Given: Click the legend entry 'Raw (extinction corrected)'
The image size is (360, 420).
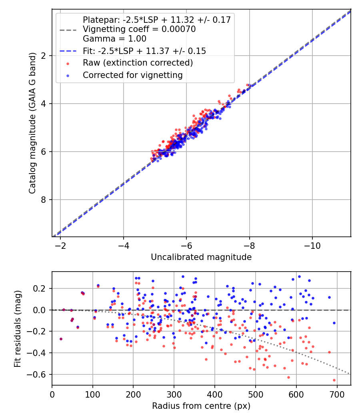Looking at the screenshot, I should click(x=138, y=63).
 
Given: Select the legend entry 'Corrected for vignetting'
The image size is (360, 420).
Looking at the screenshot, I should click(x=132, y=75).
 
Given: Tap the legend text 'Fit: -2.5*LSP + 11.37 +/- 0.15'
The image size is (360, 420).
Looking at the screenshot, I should click(x=144, y=51).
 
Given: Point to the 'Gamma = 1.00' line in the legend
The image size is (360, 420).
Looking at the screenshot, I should click(x=114, y=39).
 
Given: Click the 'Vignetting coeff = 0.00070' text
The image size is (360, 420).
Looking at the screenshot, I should click(x=139, y=29).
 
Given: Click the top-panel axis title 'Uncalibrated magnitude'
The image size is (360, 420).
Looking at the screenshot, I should click(x=201, y=257).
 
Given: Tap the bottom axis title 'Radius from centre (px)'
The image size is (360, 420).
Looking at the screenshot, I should click(x=201, y=406).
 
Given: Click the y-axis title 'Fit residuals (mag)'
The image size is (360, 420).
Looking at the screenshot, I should click(x=17, y=328).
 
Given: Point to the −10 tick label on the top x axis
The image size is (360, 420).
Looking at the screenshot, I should click(x=312, y=246).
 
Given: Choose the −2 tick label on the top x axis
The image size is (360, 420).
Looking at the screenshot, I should click(x=61, y=246).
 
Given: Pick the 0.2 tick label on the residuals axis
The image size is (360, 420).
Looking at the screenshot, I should click(x=42, y=288).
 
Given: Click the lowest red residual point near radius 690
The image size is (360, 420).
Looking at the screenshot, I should click(x=334, y=380).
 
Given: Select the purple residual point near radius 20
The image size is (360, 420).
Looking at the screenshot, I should click(x=61, y=339).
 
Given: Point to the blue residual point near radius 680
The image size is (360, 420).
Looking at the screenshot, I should click(x=329, y=297).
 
